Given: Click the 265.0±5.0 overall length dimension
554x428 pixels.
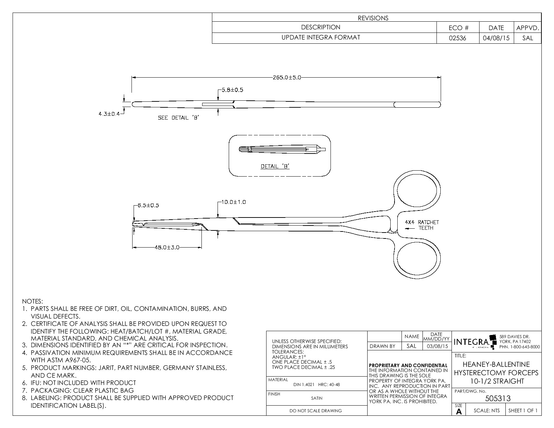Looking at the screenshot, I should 286,78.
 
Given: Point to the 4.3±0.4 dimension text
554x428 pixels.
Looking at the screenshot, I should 109,114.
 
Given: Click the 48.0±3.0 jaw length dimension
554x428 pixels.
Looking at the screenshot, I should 167,248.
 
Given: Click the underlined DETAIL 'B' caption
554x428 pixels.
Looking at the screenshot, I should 275,166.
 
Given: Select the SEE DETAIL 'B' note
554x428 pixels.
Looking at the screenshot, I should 178,118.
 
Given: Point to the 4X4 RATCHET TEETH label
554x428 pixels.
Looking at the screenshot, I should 422,225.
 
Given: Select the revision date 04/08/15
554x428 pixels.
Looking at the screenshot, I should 496,38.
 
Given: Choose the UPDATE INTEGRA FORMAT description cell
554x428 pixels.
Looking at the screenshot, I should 321,37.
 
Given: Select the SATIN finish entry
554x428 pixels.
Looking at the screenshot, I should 317,398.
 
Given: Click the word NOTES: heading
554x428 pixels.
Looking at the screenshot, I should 33,301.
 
